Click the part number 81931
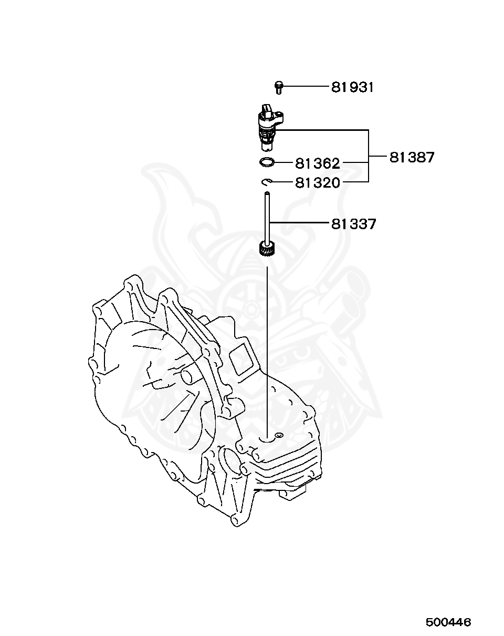(x=352, y=87)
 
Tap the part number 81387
(x=412, y=157)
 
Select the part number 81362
(x=317, y=163)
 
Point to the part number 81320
(x=317, y=182)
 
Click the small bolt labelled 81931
(x=279, y=87)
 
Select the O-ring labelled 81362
(x=267, y=162)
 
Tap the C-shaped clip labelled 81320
(x=266, y=182)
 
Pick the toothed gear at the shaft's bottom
(x=268, y=248)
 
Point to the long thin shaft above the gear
(x=267, y=216)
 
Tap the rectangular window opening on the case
(x=243, y=358)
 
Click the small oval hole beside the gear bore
(x=279, y=435)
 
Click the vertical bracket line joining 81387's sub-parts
(x=369, y=156)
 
